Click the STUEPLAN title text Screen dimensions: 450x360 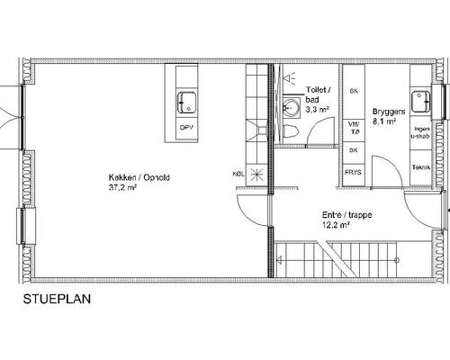(57, 299)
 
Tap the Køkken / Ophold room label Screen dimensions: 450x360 (139, 178)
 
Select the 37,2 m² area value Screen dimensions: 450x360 (122, 188)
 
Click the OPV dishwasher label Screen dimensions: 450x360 (186, 128)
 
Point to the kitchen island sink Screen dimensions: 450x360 (186, 103)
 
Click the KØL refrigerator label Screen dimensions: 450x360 (238, 174)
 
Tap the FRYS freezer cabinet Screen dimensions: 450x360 (354, 173)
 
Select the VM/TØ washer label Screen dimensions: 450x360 (354, 128)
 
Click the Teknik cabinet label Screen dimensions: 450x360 (421, 167)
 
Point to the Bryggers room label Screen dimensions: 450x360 (389, 112)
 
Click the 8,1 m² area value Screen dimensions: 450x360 (384, 121)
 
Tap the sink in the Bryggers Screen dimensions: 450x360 (420, 102)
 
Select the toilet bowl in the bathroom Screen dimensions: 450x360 (290, 131)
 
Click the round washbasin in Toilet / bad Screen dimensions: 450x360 (291, 106)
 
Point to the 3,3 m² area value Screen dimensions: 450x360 (318, 110)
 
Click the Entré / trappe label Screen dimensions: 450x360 (347, 215)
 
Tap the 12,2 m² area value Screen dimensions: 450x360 (337, 225)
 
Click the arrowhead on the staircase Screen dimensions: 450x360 (279, 260)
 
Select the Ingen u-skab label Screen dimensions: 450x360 (420, 132)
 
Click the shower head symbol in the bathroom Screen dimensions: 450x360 (289, 78)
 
